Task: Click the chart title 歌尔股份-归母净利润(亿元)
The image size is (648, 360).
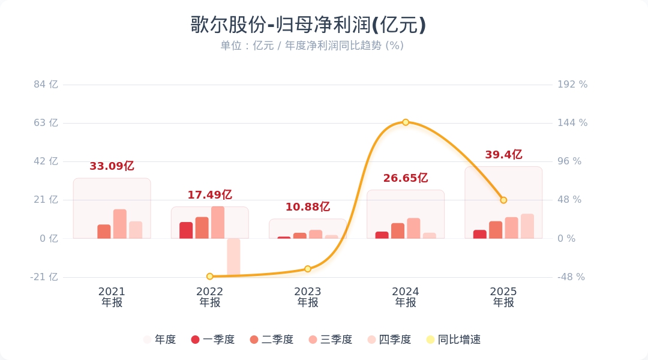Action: pos(308,25)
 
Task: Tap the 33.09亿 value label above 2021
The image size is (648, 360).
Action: pos(112,166)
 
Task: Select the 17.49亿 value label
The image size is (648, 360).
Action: pos(209,195)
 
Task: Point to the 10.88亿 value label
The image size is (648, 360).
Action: pos(307,207)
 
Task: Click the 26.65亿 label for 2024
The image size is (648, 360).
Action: pos(405,178)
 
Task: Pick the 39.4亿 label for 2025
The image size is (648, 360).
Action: pos(503,155)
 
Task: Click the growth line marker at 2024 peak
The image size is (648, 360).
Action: pos(406,122)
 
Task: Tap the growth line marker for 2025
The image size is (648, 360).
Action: pos(503,200)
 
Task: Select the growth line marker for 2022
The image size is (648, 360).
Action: pos(210,277)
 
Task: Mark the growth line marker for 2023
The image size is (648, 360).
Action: pos(308,269)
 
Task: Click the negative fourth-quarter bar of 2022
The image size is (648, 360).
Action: pos(233,257)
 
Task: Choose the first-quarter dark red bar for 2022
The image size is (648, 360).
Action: pos(186,230)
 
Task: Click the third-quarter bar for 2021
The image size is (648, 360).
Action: pos(120,224)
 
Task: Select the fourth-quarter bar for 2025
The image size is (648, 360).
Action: pos(527,226)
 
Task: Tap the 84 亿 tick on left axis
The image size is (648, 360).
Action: pos(46,85)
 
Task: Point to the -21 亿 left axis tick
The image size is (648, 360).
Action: pos(45,277)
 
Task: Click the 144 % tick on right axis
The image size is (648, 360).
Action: pos(572,123)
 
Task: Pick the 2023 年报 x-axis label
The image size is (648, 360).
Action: pos(308,297)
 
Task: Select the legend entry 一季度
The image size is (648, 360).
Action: pos(213,340)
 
